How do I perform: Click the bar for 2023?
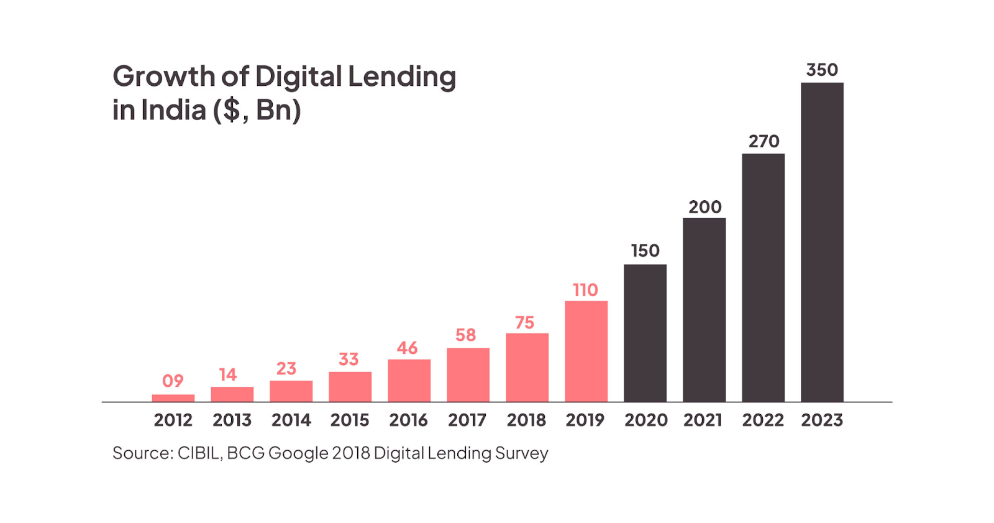pyautogui.click(x=822, y=243)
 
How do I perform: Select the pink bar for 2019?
pyautogui.click(x=586, y=351)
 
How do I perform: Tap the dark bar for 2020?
pyautogui.click(x=645, y=333)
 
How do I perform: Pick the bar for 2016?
pyautogui.click(x=409, y=381)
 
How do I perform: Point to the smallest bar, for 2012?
pyautogui.click(x=173, y=398)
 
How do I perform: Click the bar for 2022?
pyautogui.click(x=763, y=277)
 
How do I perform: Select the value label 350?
pyautogui.click(x=822, y=70)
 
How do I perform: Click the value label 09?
pyautogui.click(x=173, y=381)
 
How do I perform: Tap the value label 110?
pyautogui.click(x=585, y=290)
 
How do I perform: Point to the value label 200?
pyautogui.click(x=704, y=207)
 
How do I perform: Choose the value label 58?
pyautogui.click(x=465, y=335)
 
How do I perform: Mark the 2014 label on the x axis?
pyautogui.click(x=291, y=420)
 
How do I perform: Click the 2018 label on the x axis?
pyautogui.click(x=526, y=420)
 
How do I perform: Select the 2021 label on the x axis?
pyautogui.click(x=703, y=420)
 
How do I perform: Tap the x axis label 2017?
pyautogui.click(x=467, y=420)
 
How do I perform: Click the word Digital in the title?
pyautogui.click(x=299, y=76)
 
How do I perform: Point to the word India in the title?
pyautogui.click(x=173, y=110)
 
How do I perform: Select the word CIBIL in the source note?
pyautogui.click(x=199, y=453)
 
